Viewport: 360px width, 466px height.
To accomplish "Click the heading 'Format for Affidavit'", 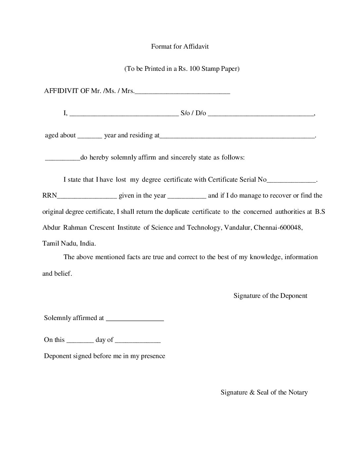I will click(x=180, y=46).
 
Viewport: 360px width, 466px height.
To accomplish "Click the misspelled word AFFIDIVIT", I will click(x=62, y=91).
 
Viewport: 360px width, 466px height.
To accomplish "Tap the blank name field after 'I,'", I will click(x=124, y=115).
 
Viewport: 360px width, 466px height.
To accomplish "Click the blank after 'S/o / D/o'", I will click(x=261, y=115).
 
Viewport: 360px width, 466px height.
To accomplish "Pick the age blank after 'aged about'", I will click(x=90, y=137).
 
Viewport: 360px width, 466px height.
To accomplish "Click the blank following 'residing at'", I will click(x=237, y=137).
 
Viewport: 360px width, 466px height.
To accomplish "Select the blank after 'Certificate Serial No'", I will click(x=291, y=182).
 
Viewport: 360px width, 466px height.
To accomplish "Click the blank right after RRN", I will click(x=87, y=198).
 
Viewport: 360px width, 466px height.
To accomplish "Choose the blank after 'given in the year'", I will click(x=187, y=198).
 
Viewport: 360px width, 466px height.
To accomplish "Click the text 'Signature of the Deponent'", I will click(x=270, y=296).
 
